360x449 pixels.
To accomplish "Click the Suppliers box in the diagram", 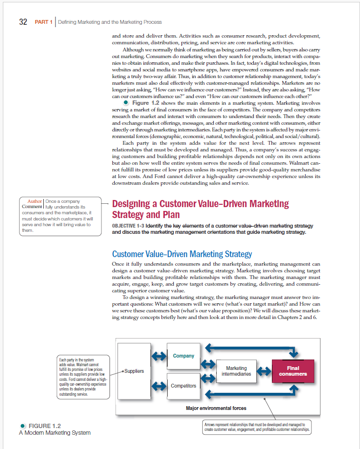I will click(x=134, y=370).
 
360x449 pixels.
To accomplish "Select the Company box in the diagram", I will click(x=183, y=356).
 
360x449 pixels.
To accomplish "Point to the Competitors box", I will click(x=183, y=386).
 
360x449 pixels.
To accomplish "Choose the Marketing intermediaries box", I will click(x=236, y=371).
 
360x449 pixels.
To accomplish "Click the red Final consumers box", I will click(x=293, y=371).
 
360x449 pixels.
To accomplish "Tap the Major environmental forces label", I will click(x=216, y=408).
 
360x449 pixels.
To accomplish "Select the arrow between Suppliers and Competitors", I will click(x=159, y=385).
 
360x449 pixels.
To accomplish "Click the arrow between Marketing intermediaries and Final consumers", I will click(x=264, y=371).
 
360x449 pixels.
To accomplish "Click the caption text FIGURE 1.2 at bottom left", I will click(x=45, y=426).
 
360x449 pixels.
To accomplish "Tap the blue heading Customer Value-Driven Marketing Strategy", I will click(x=181, y=254).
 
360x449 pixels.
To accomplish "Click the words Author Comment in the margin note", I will click(x=32, y=204).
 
